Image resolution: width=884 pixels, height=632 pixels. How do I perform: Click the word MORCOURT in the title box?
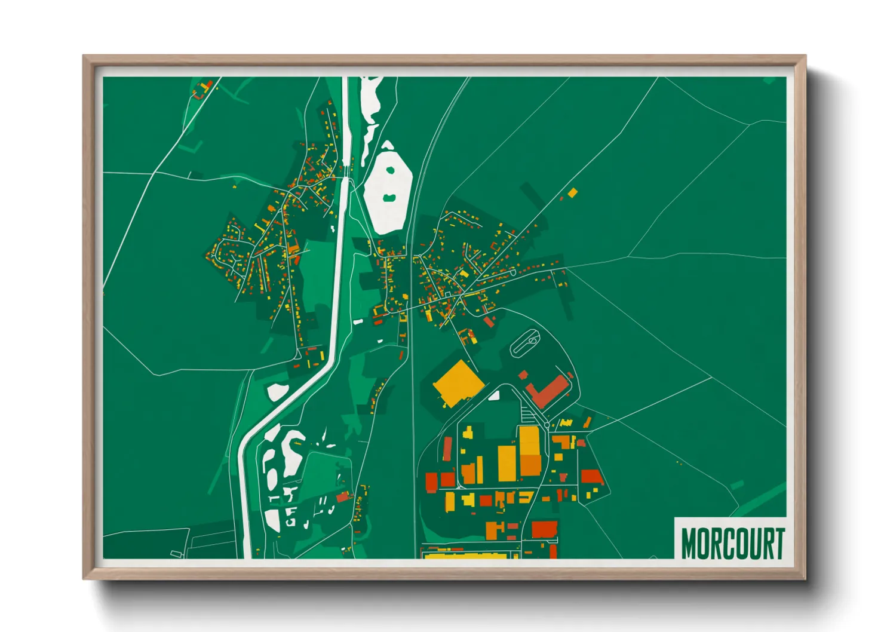point(732,543)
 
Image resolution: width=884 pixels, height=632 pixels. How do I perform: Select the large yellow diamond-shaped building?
point(458,383)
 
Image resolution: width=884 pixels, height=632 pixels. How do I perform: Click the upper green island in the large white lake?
point(390,170)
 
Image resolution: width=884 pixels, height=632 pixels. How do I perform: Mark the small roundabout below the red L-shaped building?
point(546,425)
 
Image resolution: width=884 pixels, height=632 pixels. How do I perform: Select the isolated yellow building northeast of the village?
point(572,192)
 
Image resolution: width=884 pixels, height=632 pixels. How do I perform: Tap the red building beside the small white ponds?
point(342,496)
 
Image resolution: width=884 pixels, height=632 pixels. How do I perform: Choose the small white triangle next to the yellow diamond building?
point(494,395)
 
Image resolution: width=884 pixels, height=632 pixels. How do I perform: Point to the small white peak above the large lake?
point(388,145)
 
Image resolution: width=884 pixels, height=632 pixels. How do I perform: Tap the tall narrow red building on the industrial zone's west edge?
point(447,449)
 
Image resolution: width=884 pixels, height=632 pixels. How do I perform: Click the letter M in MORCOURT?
point(690,543)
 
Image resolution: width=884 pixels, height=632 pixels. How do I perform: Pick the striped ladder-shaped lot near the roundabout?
point(526,412)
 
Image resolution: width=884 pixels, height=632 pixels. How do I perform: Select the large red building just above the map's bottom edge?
point(544,529)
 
